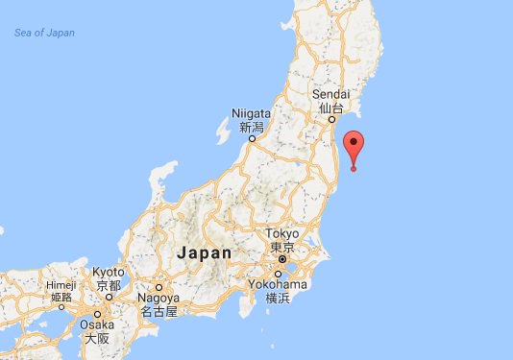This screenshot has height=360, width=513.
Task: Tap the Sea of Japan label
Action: click(44, 34)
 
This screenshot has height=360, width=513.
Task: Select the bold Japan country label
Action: click(205, 253)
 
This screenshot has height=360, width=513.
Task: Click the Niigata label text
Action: click(251, 113)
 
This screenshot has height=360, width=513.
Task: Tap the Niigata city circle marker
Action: click(253, 138)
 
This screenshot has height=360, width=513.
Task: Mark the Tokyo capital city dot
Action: click(281, 259)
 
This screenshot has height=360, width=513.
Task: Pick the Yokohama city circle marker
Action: click(280, 274)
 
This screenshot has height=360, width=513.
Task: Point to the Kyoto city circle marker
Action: click(109, 298)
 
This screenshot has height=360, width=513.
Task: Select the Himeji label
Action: click(61, 285)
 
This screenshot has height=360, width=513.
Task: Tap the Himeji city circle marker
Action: click(61, 308)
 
